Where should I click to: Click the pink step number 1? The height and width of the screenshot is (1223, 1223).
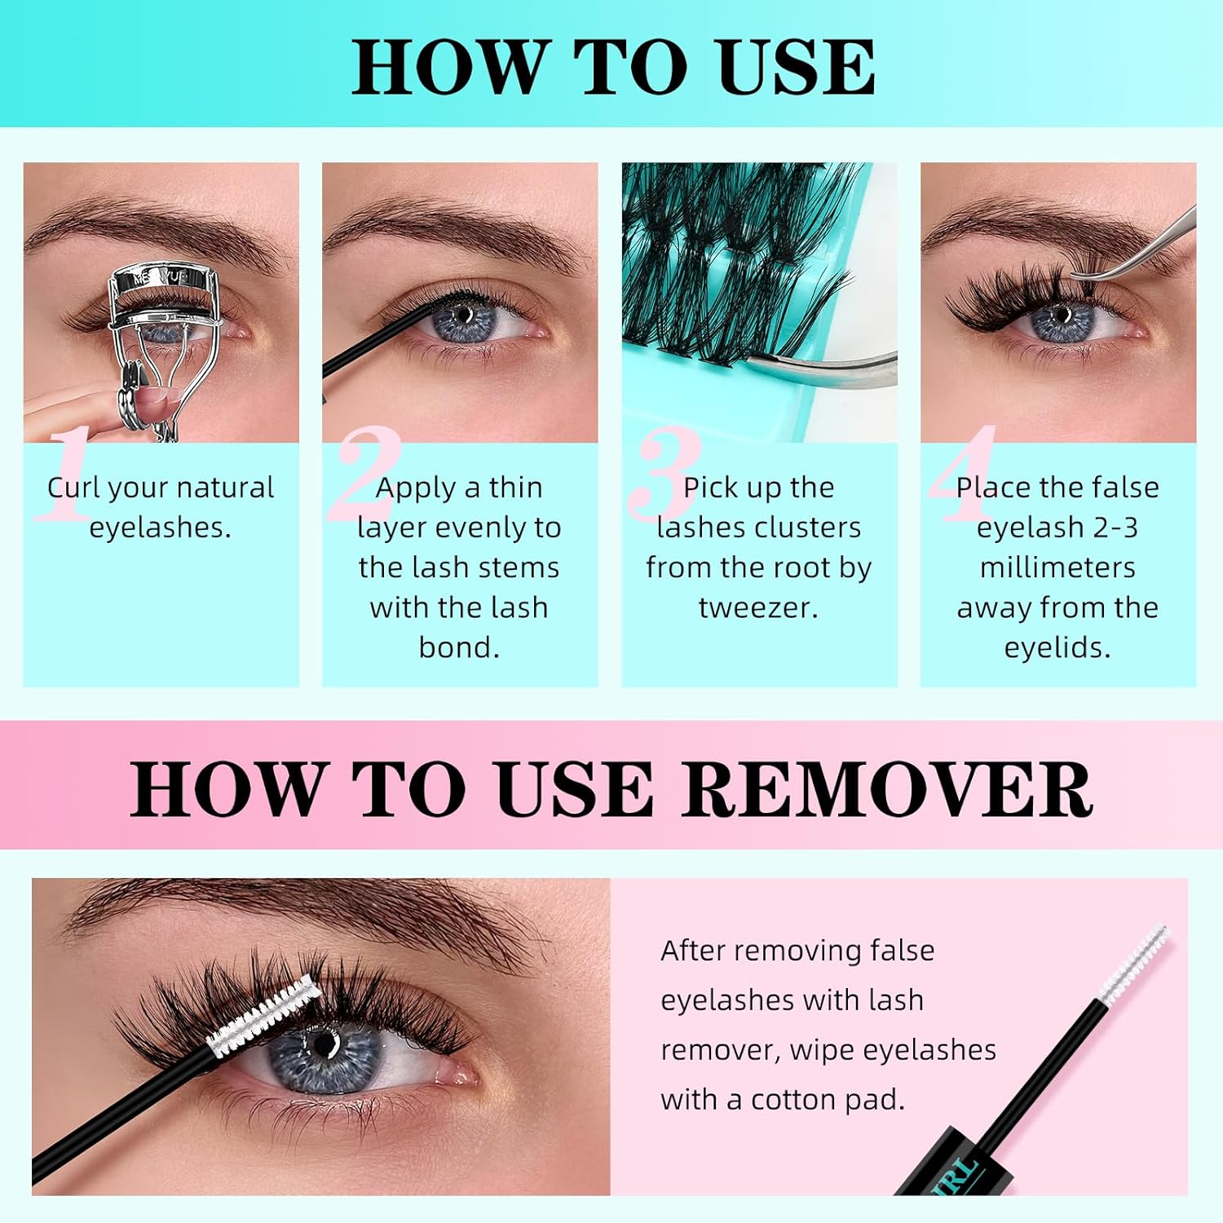point(67,477)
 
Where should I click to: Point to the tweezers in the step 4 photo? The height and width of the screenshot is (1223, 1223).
point(1141,253)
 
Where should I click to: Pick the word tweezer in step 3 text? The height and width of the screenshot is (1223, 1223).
point(758,607)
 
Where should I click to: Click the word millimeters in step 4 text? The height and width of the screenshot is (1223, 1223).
point(1057,567)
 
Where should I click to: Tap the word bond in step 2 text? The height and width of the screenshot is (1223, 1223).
point(458,647)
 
